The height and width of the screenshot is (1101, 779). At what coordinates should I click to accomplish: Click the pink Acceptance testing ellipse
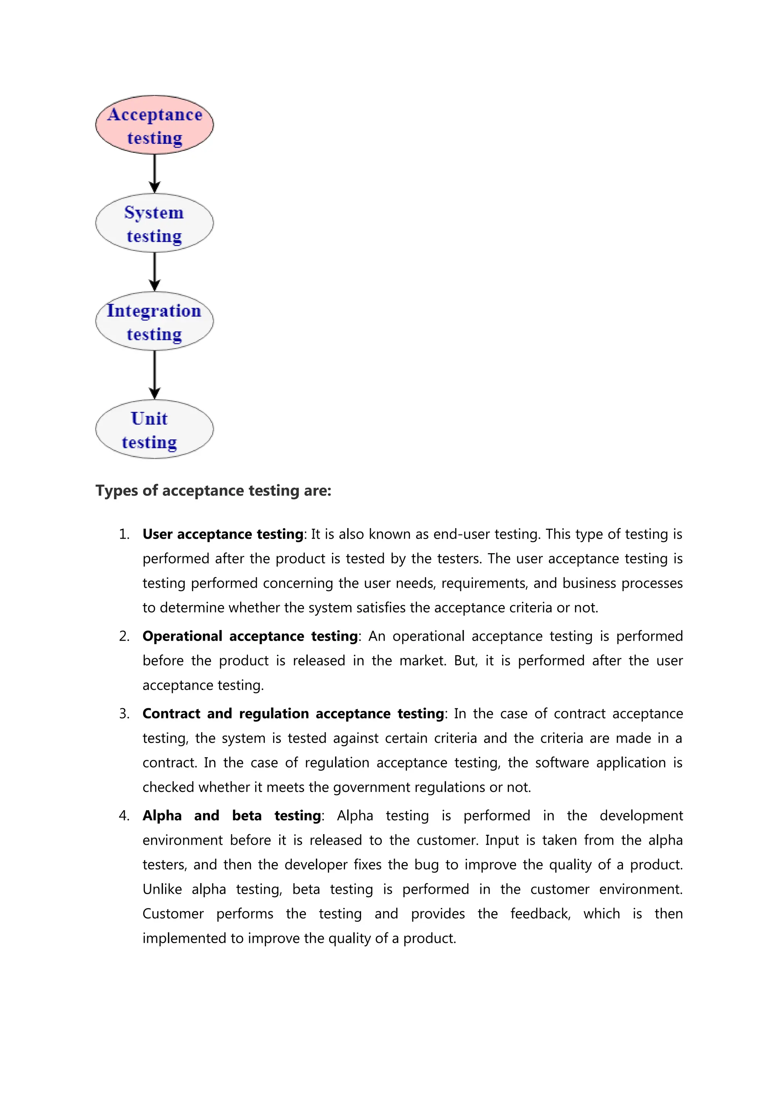click(154, 125)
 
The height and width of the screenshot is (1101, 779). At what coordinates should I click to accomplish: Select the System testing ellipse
click(154, 223)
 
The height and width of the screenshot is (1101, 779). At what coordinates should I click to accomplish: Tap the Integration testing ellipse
click(154, 321)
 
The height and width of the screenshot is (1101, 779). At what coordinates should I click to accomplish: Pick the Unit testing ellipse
click(154, 429)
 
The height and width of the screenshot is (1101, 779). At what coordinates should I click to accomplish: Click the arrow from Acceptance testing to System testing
click(154, 174)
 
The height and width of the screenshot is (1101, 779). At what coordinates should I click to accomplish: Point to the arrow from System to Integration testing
click(154, 271)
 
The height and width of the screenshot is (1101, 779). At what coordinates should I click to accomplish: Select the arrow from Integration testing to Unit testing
click(154, 374)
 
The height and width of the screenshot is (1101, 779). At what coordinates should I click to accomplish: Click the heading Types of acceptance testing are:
click(213, 490)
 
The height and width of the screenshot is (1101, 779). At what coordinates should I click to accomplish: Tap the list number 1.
click(124, 534)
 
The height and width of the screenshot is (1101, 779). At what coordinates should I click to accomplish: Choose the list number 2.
click(124, 636)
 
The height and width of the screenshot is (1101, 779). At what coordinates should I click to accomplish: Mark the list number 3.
click(124, 714)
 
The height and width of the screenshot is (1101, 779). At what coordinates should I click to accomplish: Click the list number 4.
click(124, 816)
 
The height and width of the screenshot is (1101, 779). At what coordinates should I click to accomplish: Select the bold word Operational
click(182, 636)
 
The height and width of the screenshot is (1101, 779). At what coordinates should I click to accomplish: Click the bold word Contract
click(171, 714)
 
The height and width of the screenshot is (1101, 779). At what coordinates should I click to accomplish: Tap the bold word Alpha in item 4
click(162, 816)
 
